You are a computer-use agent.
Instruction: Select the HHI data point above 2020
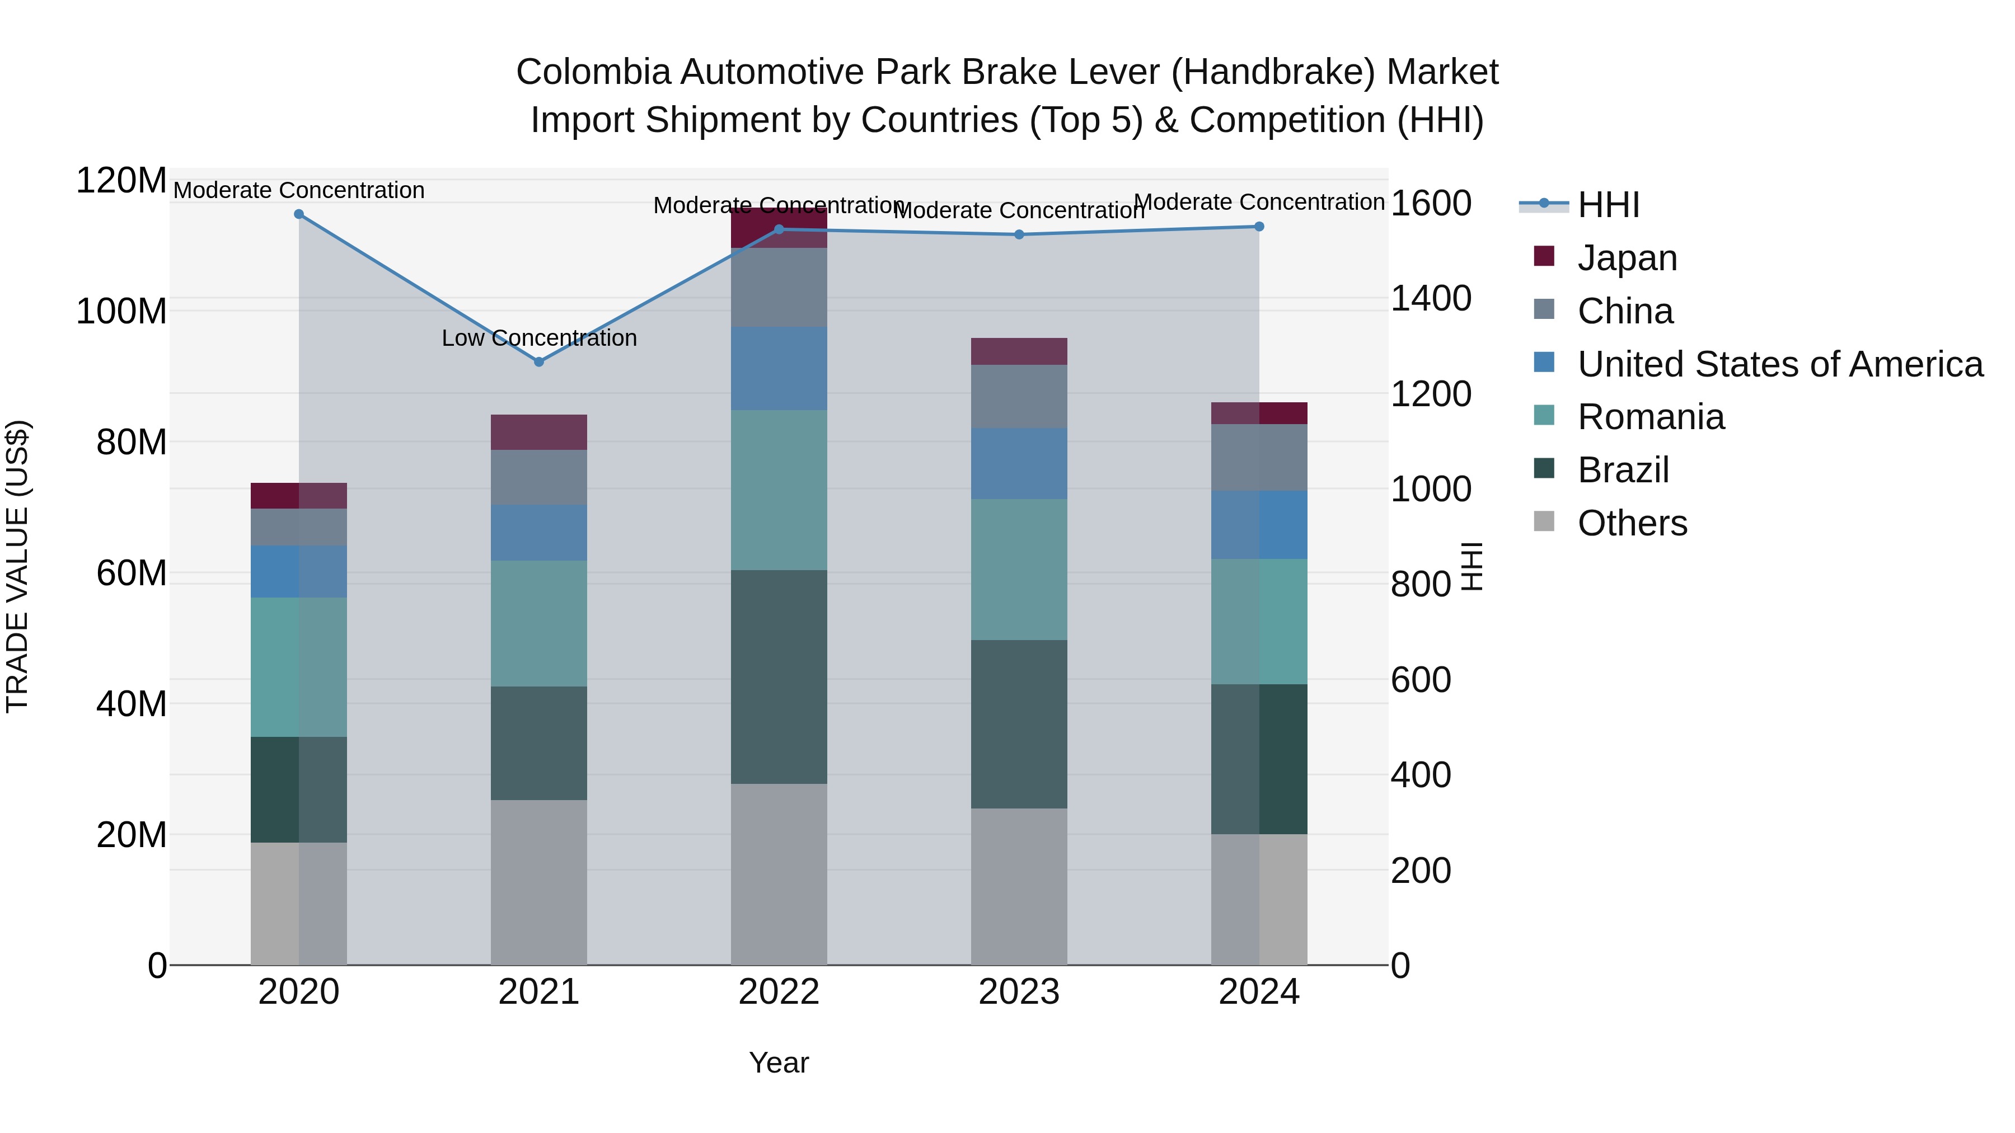point(299,214)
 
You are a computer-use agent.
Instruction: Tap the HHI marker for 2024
point(1259,227)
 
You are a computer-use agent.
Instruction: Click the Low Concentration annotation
point(539,338)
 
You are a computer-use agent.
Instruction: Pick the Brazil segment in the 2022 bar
point(779,676)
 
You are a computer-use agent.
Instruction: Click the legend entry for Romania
point(1651,417)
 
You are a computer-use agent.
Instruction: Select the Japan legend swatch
point(1544,256)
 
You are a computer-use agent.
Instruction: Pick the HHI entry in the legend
point(1608,205)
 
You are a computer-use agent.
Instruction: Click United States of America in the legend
point(1779,364)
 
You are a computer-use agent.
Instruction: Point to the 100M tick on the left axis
point(121,311)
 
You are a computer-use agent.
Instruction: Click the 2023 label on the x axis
point(1019,992)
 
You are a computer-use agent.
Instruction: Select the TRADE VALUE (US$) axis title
point(17,566)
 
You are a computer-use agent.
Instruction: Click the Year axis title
point(779,1063)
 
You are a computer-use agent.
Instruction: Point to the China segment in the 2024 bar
point(1259,458)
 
